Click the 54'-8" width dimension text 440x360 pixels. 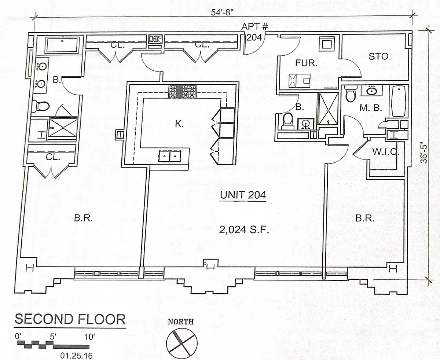[x=222, y=12]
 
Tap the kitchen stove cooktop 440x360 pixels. [x=183, y=91]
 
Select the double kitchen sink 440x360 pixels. [x=170, y=156]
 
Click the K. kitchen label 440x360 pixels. [x=179, y=124]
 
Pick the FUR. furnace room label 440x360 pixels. [x=306, y=63]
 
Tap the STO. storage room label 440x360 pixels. [x=380, y=56]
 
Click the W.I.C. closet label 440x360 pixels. [x=385, y=152]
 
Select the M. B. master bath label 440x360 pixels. [x=371, y=108]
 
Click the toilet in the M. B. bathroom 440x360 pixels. [x=351, y=93]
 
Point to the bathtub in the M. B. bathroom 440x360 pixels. [x=399, y=101]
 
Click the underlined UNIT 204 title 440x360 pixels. [x=243, y=195]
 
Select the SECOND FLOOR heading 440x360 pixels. [x=70, y=319]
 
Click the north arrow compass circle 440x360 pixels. [x=182, y=343]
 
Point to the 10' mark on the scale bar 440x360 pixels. [x=89, y=337]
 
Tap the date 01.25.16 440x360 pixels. [x=76, y=356]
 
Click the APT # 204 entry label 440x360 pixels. [x=254, y=32]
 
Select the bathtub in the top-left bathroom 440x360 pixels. [x=62, y=45]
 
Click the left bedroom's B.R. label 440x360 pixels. [x=83, y=218]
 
